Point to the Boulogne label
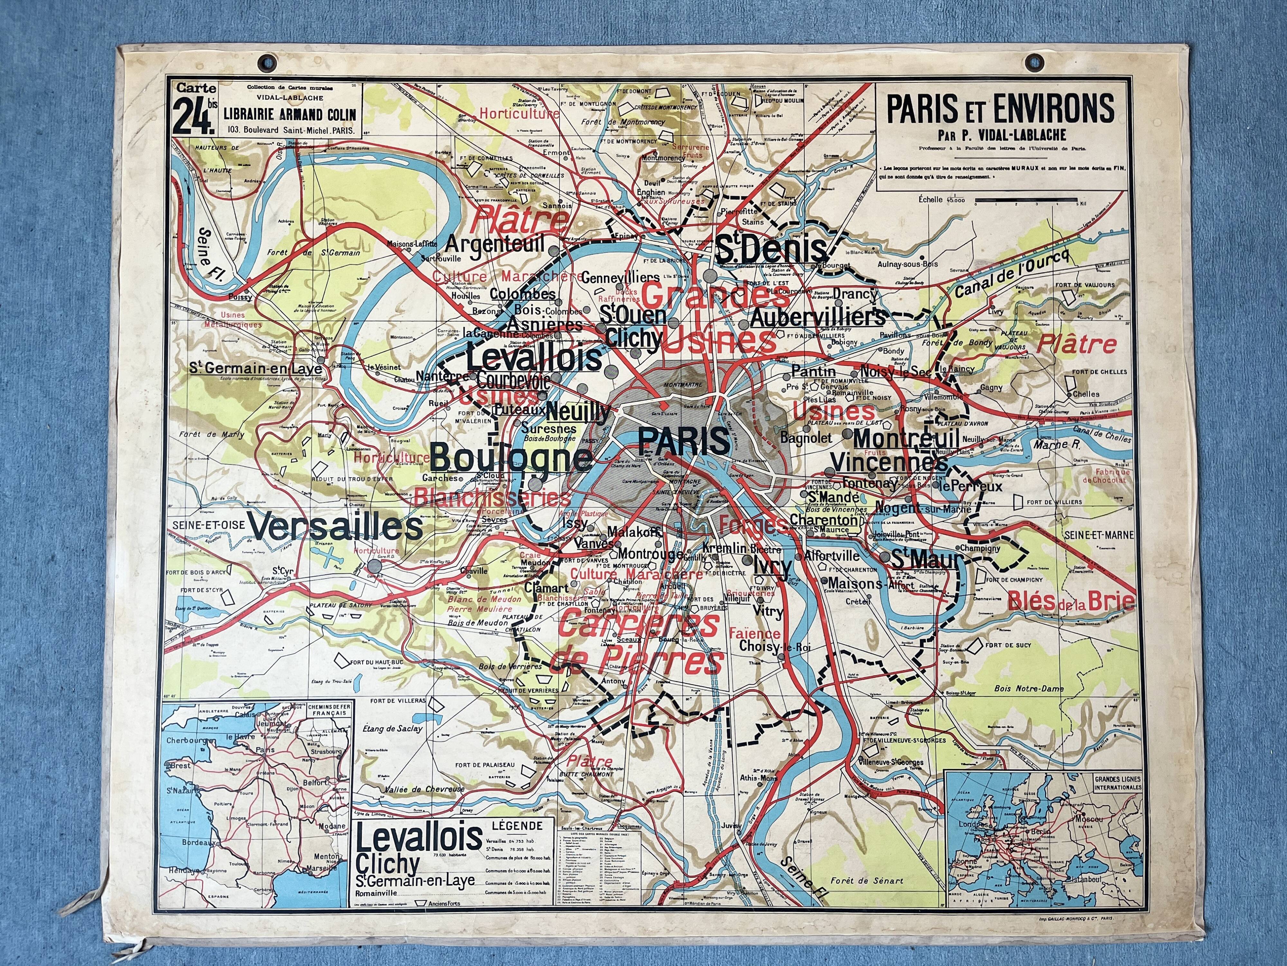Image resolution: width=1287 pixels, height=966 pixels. click(x=511, y=457)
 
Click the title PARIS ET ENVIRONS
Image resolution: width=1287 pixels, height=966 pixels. click(x=1000, y=109)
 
